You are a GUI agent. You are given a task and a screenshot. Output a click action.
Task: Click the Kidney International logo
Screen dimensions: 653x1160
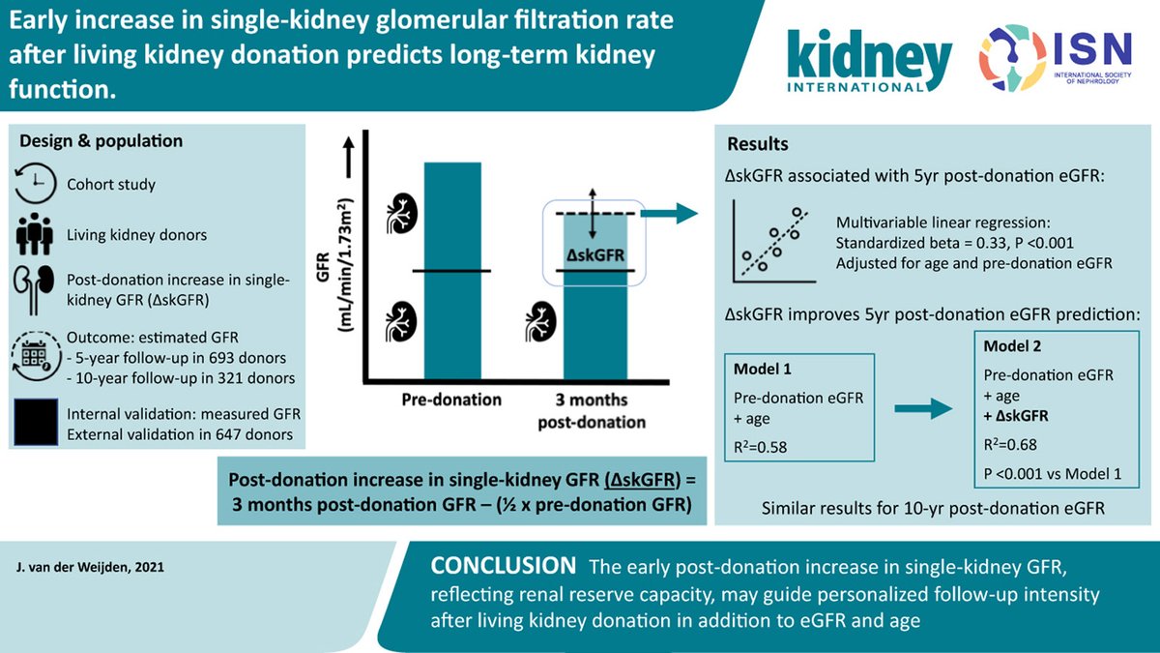(x=869, y=60)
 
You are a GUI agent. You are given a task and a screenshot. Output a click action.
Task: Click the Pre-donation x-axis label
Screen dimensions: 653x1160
(x=451, y=400)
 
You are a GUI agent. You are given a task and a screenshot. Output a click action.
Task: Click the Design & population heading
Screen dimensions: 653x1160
(x=101, y=141)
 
